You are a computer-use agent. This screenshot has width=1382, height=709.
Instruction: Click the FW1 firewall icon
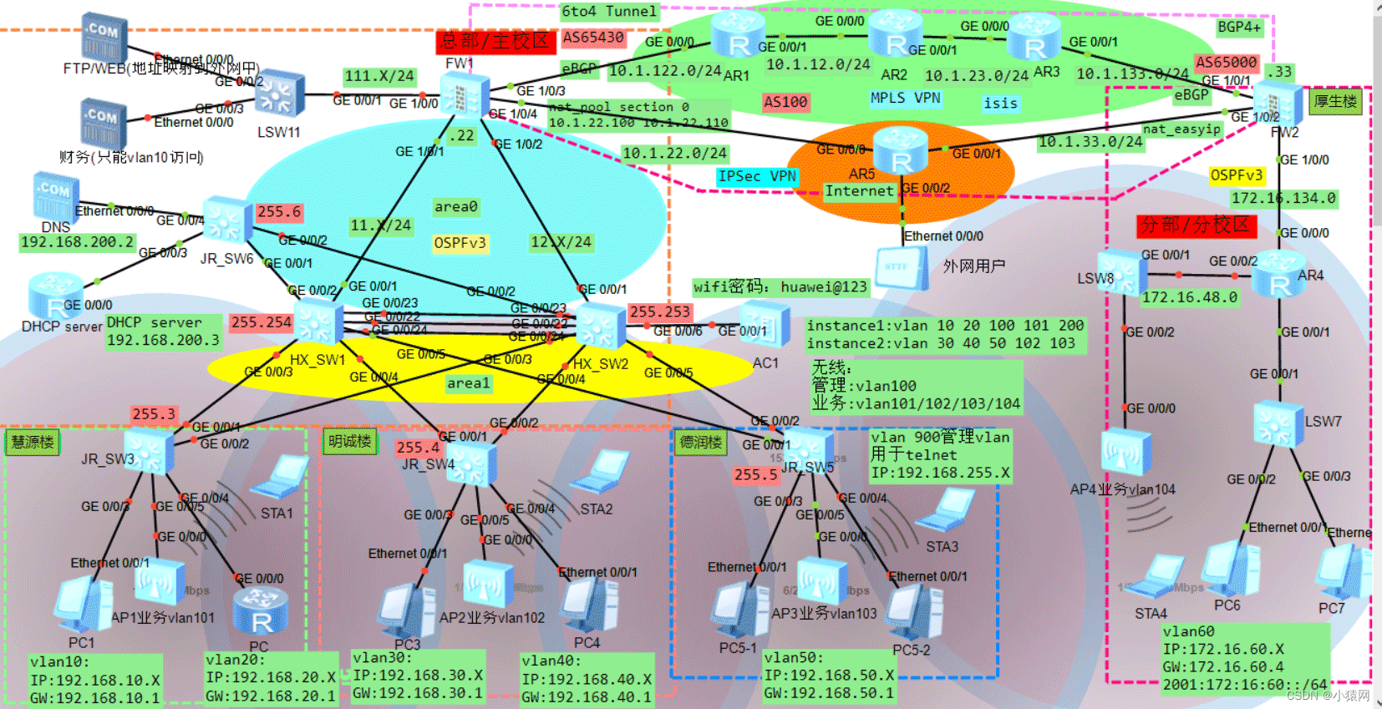click(461, 94)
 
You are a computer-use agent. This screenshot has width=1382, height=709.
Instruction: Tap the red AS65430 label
click(593, 38)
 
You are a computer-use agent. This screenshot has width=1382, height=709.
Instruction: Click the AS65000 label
click(1226, 62)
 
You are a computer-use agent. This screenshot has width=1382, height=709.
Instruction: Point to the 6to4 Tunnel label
click(609, 11)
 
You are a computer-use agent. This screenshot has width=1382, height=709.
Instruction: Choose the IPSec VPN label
click(757, 176)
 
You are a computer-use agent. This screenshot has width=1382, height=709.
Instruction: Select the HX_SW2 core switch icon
click(600, 326)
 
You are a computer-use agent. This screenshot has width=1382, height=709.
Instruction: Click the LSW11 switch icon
click(279, 96)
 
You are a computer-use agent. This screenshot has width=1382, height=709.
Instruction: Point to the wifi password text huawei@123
click(780, 287)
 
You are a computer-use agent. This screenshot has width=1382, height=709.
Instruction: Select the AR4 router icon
click(1278, 274)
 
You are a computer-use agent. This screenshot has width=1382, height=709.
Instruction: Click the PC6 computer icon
click(1230, 569)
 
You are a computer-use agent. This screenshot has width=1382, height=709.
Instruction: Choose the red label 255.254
click(262, 322)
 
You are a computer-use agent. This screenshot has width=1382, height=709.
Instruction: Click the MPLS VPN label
click(905, 98)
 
